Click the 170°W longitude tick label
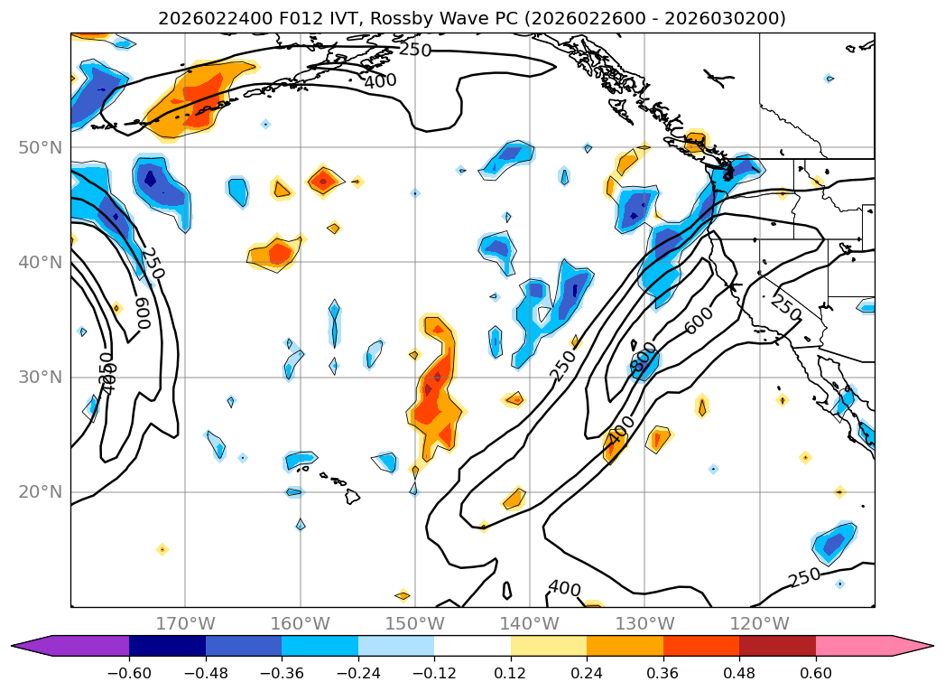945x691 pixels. pos(185,623)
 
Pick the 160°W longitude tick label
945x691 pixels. pos(300,623)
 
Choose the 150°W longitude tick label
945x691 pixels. pos(414,623)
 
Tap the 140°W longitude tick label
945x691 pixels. pos(529,623)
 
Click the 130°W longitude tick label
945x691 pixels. pos(644,623)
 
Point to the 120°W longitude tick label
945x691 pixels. pos(758,623)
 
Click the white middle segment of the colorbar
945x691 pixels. pos(472,645)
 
